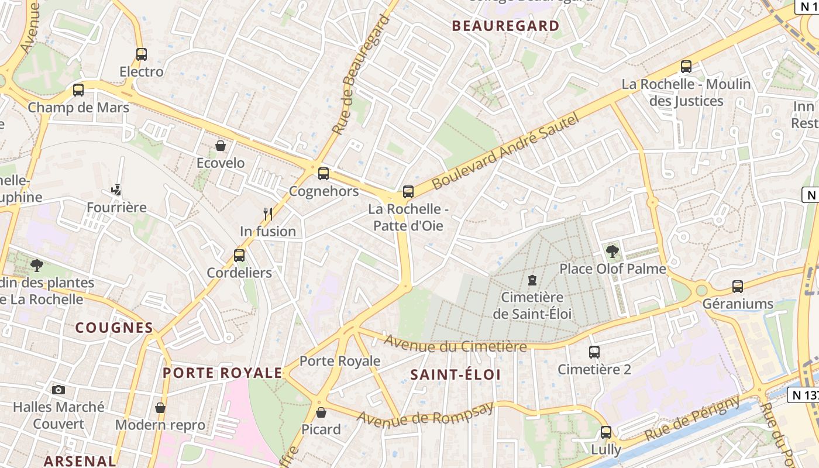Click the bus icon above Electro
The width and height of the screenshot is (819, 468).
tap(141, 54)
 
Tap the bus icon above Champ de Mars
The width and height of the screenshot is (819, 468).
tap(78, 90)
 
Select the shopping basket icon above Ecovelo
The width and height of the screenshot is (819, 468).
tap(221, 146)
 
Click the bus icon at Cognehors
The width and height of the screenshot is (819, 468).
tap(324, 174)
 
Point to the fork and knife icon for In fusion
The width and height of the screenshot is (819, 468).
tap(268, 214)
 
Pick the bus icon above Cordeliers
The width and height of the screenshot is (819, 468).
tap(239, 256)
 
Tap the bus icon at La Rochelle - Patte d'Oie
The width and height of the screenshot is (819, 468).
tap(408, 192)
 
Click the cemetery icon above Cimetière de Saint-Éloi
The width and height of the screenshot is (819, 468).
tap(532, 280)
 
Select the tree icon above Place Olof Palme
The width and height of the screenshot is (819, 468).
tap(612, 252)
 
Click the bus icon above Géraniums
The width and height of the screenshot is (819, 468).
tap(738, 287)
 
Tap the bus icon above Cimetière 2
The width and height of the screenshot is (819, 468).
tap(594, 352)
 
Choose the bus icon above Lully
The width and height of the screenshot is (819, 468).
tap(606, 432)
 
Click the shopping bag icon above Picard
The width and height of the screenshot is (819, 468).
tap(321, 412)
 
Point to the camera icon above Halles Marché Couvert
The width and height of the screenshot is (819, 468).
tap(58, 390)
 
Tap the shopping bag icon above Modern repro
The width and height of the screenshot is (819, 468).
tap(160, 408)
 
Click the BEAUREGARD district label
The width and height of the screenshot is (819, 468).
tap(506, 26)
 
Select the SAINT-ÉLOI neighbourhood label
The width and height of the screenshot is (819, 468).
tap(456, 375)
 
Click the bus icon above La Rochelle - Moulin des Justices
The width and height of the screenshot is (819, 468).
tap(686, 67)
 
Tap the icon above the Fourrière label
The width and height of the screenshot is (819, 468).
tap(116, 190)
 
